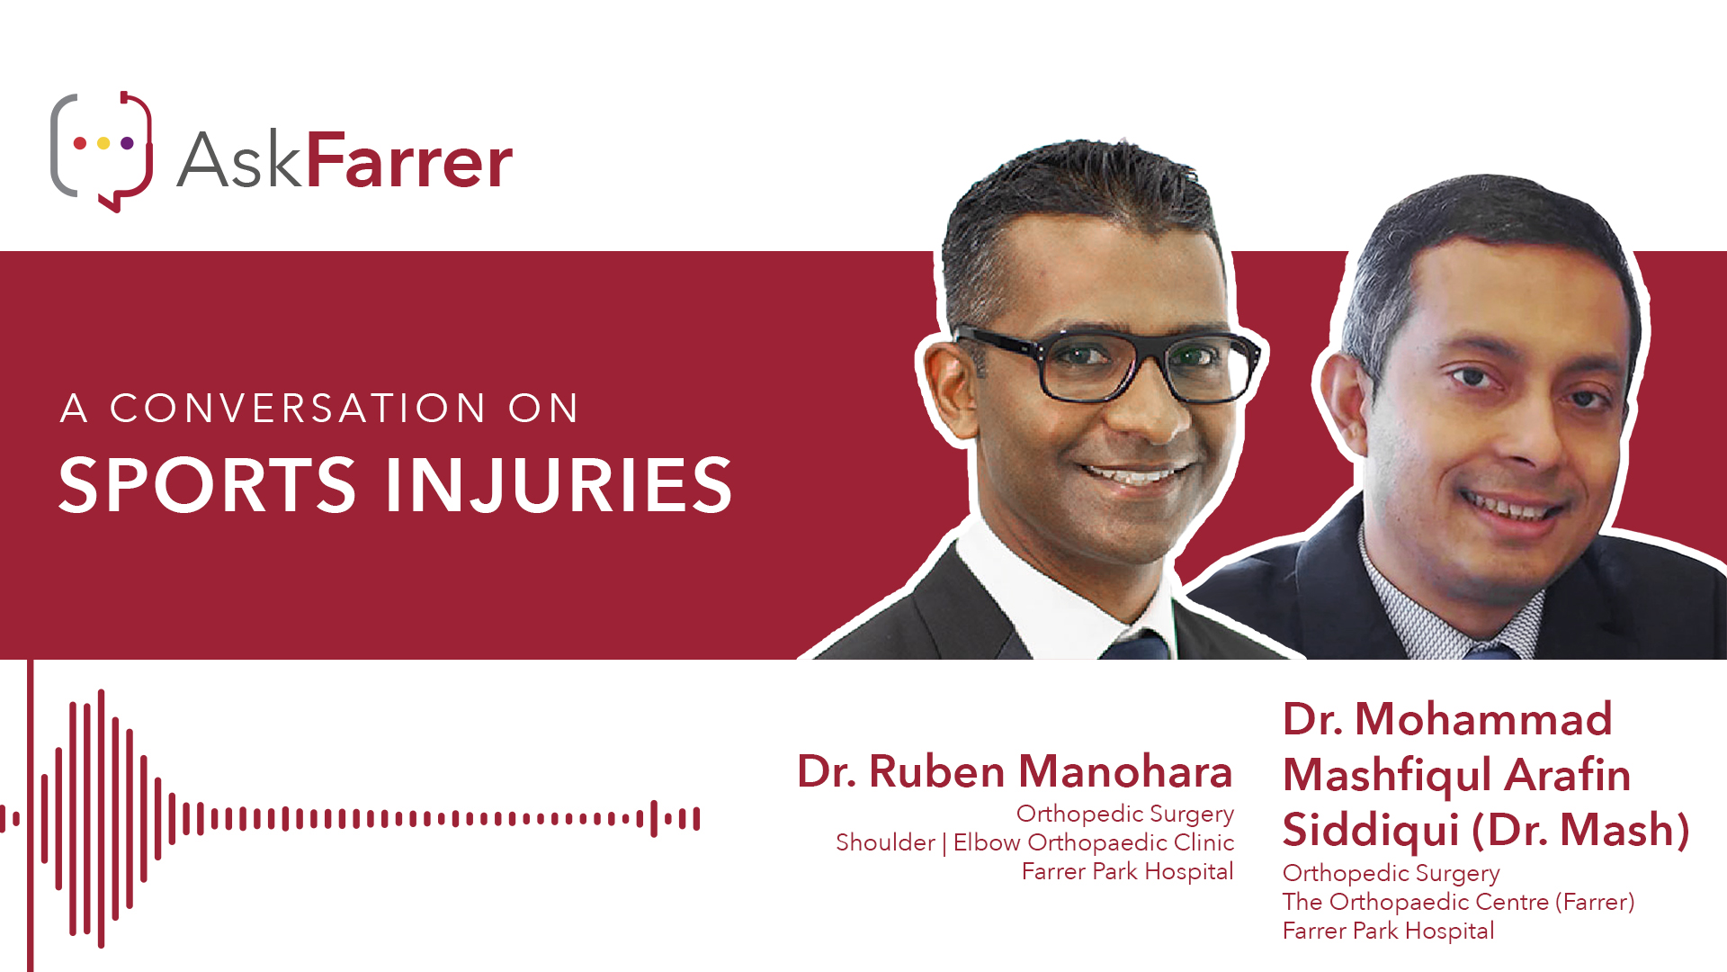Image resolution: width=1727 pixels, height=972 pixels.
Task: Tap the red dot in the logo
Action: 80,143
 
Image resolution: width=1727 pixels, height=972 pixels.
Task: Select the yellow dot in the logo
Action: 103,143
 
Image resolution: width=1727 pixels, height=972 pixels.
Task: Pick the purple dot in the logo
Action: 127,143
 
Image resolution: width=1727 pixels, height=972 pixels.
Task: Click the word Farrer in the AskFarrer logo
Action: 409,160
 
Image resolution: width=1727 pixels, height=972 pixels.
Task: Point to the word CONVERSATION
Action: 298,409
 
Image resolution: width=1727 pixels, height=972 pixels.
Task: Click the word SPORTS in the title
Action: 208,485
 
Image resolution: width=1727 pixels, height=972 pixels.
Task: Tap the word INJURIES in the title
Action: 559,485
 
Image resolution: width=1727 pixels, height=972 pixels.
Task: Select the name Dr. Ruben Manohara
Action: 1015,771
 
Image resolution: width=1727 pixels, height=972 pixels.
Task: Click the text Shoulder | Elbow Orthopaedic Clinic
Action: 1034,842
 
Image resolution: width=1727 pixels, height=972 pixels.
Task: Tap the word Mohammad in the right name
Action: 1483,719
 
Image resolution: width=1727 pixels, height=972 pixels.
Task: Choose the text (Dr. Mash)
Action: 1580,830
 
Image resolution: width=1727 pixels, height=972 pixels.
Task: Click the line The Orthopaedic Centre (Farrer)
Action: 1458,902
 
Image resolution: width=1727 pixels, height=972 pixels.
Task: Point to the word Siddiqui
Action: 1371,830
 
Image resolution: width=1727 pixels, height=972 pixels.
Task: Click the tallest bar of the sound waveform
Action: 102,819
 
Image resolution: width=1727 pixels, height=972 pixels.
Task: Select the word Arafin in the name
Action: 1568,774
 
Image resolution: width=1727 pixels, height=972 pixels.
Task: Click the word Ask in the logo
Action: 238,160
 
